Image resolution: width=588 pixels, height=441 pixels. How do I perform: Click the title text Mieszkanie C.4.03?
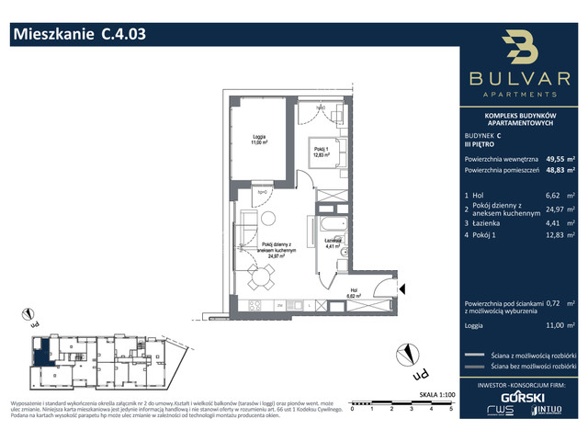tap(78, 35)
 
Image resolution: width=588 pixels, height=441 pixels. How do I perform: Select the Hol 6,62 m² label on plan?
tap(354, 295)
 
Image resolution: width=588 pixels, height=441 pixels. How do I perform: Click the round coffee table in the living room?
tap(264, 220)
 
